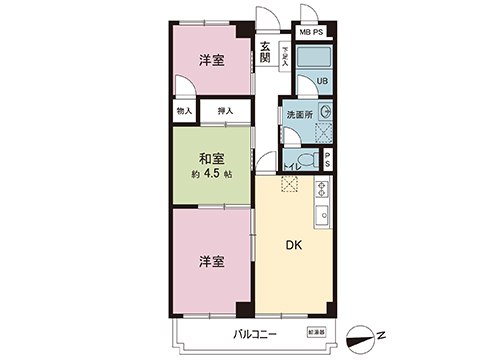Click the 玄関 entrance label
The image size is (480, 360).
[x=265, y=52]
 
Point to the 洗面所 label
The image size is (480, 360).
[x=300, y=114]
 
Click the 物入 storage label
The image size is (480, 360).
[x=183, y=112]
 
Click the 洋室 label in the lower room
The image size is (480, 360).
[x=210, y=261]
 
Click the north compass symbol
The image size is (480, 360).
[x=367, y=337]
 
